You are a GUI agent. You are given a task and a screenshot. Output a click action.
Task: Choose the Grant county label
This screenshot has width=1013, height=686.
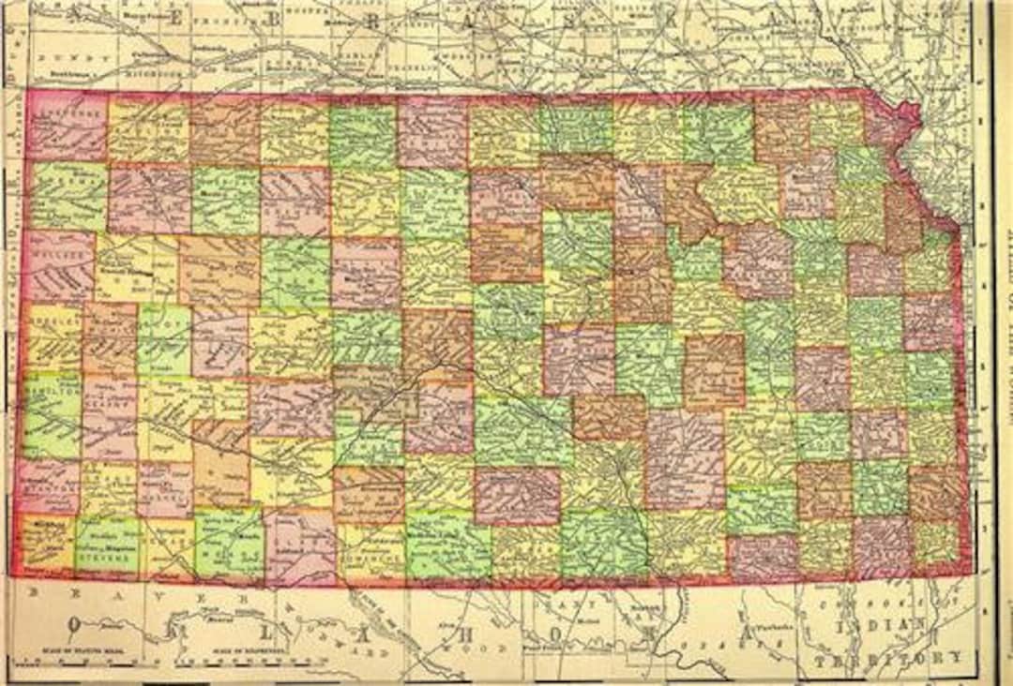108,477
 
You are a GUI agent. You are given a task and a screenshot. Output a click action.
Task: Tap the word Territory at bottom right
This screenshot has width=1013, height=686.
887,658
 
